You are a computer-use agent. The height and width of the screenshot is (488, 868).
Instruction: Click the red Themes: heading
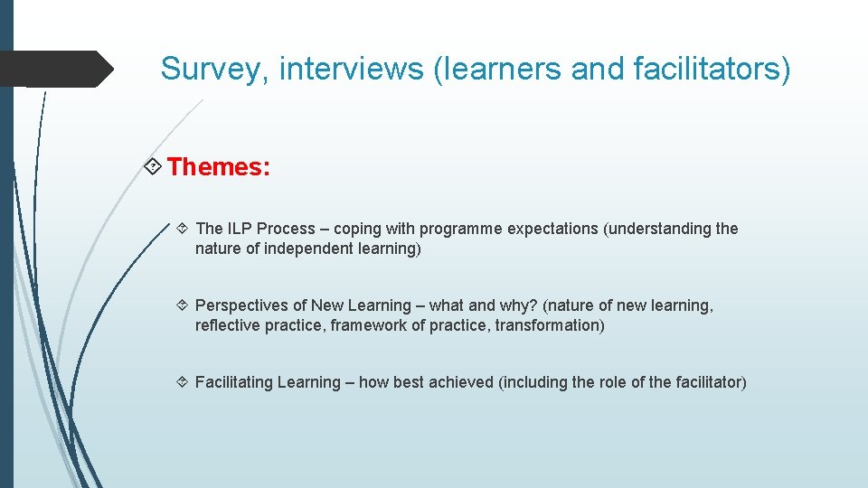218,167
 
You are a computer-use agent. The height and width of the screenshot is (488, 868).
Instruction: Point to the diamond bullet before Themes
154,167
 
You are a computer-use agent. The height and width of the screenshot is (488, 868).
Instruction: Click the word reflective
228,325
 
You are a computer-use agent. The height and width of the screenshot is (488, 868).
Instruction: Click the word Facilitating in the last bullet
233,382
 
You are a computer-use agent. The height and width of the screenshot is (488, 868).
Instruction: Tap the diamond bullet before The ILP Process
183,230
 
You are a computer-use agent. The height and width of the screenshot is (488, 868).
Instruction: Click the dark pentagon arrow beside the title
56,69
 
